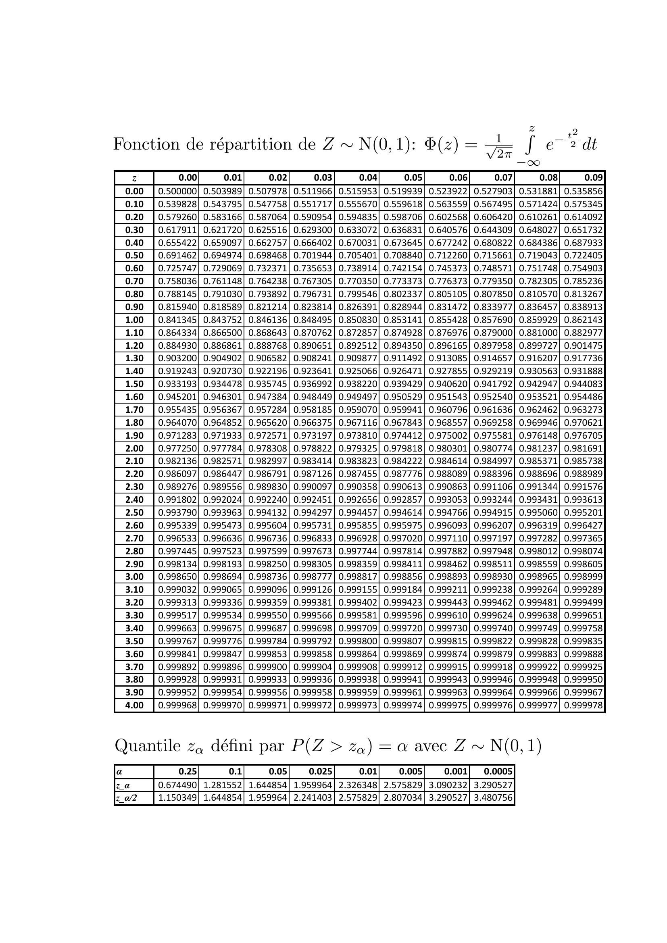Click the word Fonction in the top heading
pos(146,144)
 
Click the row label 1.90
pos(134,435)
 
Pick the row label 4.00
pos(134,705)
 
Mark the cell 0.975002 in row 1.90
pos(448,435)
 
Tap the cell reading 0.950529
pos(402,397)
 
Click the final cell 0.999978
pos(583,705)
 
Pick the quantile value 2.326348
pos(357,785)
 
